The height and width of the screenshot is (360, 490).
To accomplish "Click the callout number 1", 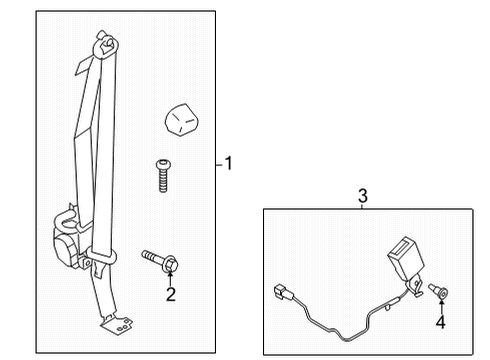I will point(228,163).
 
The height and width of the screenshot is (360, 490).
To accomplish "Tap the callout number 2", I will point(171,294).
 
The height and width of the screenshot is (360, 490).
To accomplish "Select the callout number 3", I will point(363,196).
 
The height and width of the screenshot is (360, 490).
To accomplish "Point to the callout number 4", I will point(439,322).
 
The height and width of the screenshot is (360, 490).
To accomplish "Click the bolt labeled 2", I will point(160,261).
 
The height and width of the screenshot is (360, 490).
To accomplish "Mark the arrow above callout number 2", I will point(171,277).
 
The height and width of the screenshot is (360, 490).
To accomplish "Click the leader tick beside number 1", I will point(218,163).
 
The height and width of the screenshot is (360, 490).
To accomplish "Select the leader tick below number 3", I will point(363,205).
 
